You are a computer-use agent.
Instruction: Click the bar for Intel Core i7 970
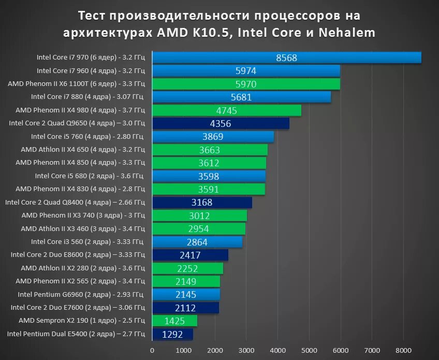286,57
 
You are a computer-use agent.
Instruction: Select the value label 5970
245,84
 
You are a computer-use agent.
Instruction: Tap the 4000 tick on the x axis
277,350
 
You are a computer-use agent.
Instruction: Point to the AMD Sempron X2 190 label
82,321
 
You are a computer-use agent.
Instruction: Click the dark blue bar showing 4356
221,123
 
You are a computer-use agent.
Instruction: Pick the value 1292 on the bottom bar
172,335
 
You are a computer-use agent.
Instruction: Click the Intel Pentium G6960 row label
81,294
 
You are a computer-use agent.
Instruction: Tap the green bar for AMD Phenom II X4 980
226,110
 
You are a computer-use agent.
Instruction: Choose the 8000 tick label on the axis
403,350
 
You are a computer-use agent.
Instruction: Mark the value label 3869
213,137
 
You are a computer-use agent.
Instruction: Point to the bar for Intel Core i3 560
197,242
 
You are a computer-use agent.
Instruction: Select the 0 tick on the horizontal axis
152,350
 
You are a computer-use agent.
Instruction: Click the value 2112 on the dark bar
185,308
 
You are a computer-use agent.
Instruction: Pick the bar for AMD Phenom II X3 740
199,215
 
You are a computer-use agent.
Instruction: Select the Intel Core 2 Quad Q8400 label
75,202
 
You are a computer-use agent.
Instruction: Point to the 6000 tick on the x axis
340,350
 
